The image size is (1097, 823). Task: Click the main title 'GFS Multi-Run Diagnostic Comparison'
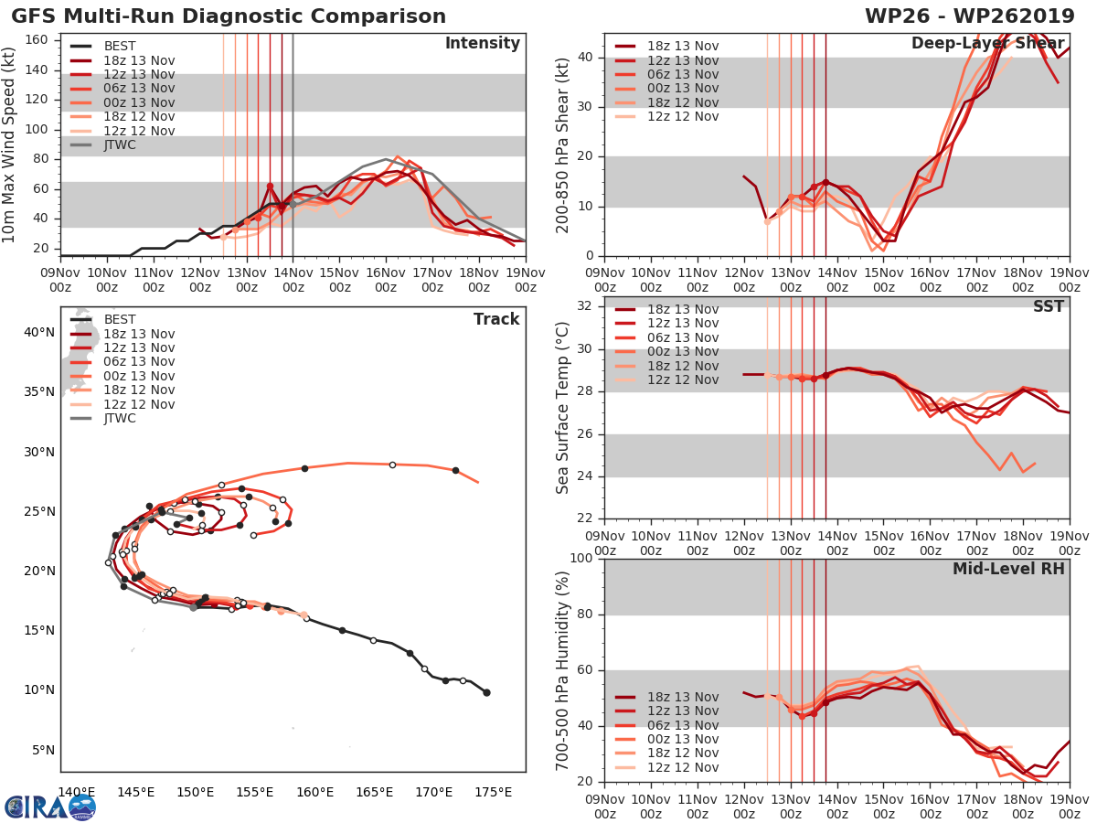tap(229, 16)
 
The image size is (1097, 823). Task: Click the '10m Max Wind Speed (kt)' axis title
tap(10, 144)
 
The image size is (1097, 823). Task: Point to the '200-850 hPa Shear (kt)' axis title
tap(564, 144)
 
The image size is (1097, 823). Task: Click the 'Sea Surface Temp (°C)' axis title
tap(564, 407)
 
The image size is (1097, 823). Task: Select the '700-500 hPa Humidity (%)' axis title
tap(564, 669)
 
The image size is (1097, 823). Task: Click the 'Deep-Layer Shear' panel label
tap(987, 44)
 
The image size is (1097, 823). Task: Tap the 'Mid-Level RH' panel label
tap(1008, 569)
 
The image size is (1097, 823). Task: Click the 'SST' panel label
tap(1048, 306)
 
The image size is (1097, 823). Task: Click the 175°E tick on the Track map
tap(495, 792)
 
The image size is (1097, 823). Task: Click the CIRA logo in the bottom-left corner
tap(49, 806)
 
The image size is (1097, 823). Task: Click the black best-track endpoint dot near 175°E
tap(486, 692)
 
